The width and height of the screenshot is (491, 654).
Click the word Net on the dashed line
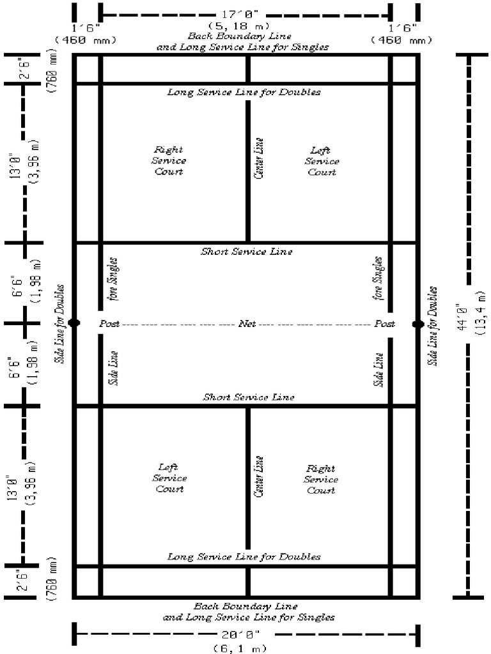point(247,324)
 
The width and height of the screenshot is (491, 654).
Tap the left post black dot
point(74,323)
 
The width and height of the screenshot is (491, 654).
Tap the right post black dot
point(418,324)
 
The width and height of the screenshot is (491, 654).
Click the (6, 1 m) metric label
point(245,648)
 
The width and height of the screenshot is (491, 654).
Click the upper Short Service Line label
point(247,252)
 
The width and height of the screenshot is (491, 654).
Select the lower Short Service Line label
point(249,397)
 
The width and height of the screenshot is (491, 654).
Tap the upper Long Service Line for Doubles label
point(244,92)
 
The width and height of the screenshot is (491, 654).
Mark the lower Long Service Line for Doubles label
point(244,557)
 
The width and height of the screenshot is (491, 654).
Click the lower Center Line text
point(259,477)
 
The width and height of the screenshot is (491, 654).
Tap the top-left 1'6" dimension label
point(86,27)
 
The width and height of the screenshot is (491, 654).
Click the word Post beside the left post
point(109,324)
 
